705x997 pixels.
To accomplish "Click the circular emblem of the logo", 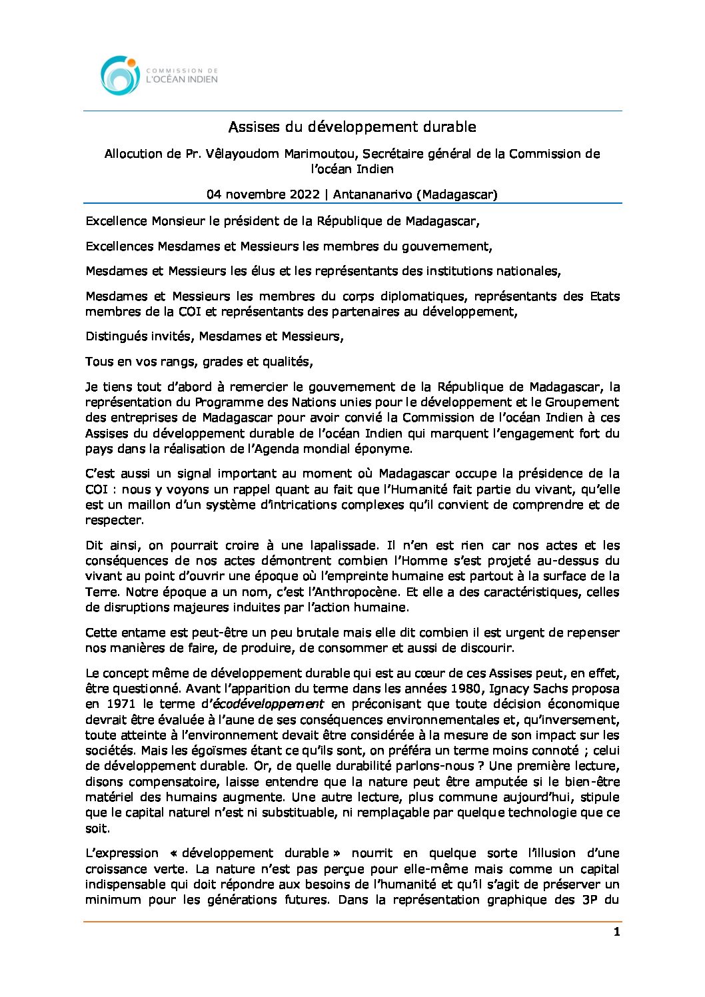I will (x=120, y=75).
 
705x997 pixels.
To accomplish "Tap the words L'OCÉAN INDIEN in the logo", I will (x=182, y=79).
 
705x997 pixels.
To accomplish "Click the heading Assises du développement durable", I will (x=352, y=127).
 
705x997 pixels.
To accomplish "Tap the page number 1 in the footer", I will (x=616, y=932).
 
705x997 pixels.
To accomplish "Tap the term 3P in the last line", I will (x=584, y=900).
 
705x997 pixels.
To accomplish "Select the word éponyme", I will (x=386, y=449).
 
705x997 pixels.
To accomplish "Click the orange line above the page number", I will (x=352, y=922).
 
